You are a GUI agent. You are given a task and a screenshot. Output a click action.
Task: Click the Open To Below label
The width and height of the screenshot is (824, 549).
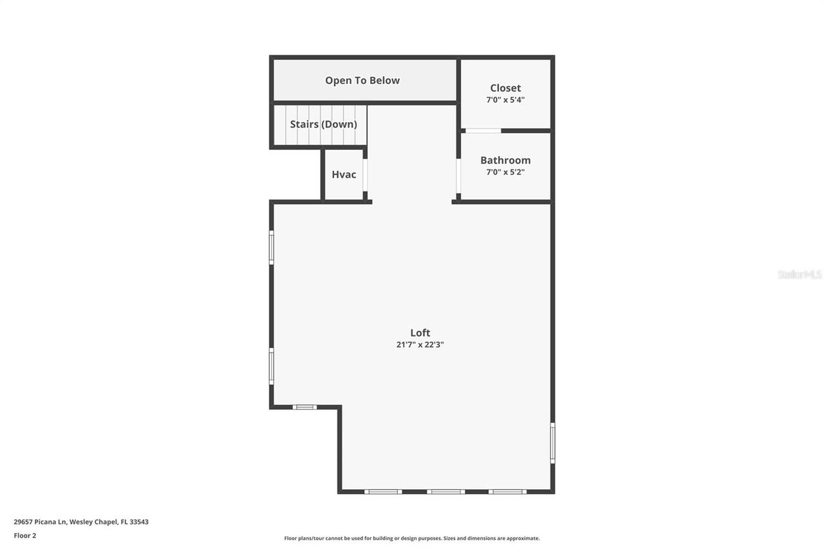pos(362,80)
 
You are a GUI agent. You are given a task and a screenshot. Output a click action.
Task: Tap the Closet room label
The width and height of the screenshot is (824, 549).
pos(505,88)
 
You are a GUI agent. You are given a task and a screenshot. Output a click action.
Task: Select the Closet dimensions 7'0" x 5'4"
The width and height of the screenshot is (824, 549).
pos(505,100)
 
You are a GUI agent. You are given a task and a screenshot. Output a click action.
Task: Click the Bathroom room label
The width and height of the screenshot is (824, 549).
pos(505,160)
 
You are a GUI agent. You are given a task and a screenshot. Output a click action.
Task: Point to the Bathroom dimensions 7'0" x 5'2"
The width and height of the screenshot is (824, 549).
pos(505,172)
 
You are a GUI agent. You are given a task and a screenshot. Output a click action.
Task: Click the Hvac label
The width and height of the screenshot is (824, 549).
pos(344,174)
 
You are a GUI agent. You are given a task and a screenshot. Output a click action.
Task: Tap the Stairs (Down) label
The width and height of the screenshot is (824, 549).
pos(323,124)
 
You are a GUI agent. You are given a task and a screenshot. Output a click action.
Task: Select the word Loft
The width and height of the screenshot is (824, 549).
pos(420,333)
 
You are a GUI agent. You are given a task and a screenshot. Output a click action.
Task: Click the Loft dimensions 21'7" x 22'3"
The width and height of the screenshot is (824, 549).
pos(420,344)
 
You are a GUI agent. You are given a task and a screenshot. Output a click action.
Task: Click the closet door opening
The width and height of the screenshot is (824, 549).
pos(483,131)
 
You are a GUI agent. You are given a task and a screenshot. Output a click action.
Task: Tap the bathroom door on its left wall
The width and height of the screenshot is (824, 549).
pos(458,176)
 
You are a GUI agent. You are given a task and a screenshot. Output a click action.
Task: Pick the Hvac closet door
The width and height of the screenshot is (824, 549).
pos(365,175)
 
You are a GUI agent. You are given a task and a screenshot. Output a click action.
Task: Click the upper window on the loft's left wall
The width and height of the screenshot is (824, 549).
pos(272,248)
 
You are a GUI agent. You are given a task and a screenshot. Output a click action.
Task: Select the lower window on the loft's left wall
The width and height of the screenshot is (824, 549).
pos(272,366)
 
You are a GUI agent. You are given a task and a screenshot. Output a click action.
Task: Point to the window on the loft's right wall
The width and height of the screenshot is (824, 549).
pos(552,443)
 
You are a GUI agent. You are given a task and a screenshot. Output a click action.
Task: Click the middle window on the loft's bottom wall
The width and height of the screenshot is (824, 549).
pos(446,492)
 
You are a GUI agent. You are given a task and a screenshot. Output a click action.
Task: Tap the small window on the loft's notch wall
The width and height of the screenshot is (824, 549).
pos(304,407)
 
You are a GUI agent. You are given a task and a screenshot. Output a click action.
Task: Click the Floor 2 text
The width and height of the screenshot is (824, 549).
pos(25,535)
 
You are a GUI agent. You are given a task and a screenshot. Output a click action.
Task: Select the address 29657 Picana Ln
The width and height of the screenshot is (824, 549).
pos(40,522)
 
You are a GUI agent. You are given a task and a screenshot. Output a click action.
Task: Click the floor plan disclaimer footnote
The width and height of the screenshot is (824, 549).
pos(412,538)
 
